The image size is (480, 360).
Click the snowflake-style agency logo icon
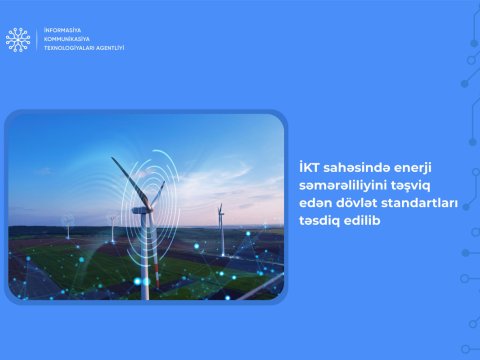(17, 39)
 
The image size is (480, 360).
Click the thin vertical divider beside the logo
(37, 39)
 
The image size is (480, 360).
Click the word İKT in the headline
(309, 167)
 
